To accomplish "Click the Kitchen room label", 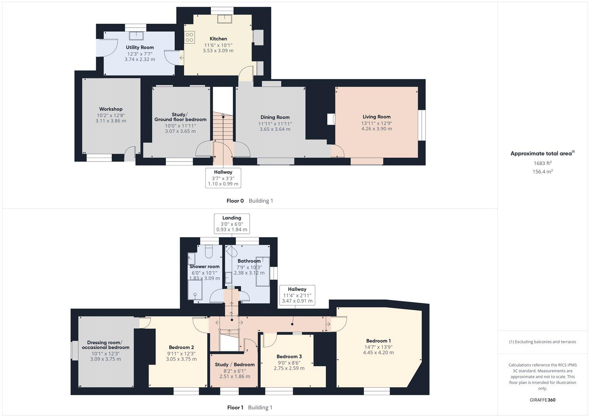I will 218,39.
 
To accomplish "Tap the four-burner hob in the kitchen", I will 190,37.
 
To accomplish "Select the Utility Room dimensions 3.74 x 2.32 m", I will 140,59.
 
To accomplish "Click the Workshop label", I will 111,109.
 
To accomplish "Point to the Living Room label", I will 376,117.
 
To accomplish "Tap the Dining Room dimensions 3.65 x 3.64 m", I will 275,129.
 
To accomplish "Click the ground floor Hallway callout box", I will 223,178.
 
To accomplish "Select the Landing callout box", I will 232,223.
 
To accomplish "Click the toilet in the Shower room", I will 208,252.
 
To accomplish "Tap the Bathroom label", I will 249,261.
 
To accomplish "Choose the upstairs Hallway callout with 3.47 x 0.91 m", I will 297,295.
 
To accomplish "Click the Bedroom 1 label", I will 378,341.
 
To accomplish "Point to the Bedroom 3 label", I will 289,357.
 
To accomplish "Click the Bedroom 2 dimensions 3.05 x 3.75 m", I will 181,359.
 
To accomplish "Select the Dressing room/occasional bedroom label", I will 105,345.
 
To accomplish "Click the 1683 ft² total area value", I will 542,163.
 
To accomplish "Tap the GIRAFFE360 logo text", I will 542,400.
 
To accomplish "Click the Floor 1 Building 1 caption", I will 250,408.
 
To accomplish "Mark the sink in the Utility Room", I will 139,35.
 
